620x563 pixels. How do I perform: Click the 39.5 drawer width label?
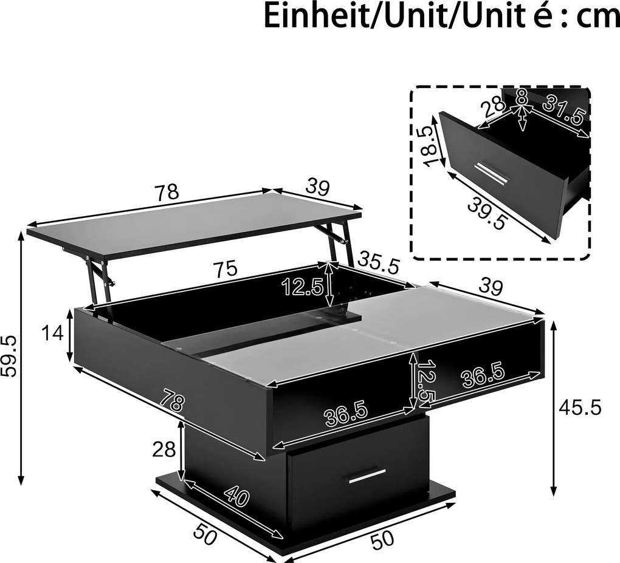(486, 213)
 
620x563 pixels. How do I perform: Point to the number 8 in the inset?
(522, 97)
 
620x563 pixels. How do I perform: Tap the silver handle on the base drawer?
(367, 477)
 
